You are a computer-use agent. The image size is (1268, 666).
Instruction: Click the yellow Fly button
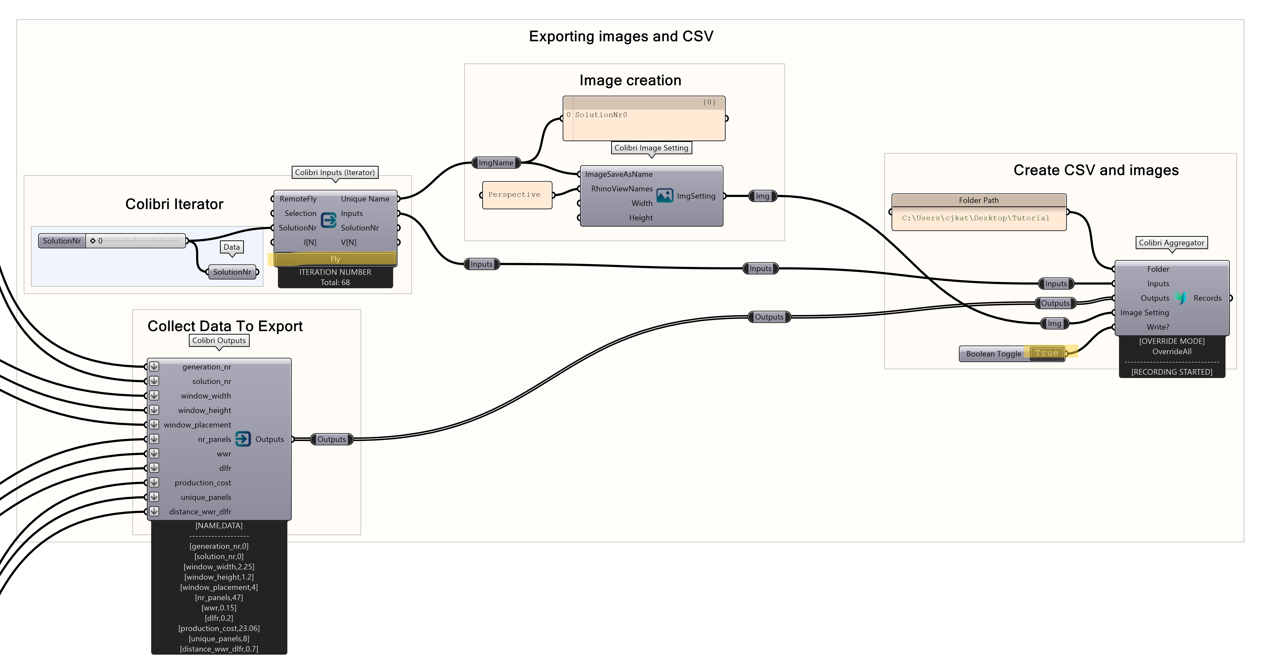point(335,259)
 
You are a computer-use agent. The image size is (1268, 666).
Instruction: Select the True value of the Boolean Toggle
point(1046,353)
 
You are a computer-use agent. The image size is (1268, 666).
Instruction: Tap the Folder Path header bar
point(978,200)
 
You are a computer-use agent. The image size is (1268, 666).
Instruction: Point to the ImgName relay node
point(496,163)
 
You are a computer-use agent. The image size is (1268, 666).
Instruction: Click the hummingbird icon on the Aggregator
point(1181,298)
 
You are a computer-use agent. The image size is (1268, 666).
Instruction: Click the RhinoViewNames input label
point(622,189)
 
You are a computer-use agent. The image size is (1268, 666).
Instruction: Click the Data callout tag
point(231,247)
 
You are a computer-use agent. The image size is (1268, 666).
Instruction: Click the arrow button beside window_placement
point(154,424)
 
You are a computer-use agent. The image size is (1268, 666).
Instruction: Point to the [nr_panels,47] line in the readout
point(219,598)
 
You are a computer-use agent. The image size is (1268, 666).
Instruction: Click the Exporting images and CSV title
point(621,36)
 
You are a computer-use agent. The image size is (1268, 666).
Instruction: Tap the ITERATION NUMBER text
point(335,272)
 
